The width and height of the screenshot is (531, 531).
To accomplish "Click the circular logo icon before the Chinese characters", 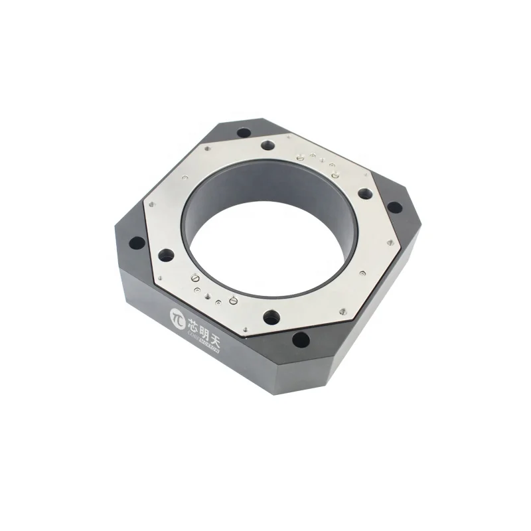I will [x=177, y=316].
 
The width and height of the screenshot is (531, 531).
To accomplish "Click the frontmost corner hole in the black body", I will [x=300, y=341].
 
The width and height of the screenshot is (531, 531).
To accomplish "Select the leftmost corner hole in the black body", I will [x=137, y=243].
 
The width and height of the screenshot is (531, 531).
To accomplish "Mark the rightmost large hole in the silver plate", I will [x=365, y=194].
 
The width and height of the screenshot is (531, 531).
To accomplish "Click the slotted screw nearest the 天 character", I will [x=233, y=301].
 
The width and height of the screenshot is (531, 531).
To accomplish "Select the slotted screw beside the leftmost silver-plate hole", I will [x=195, y=277].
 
